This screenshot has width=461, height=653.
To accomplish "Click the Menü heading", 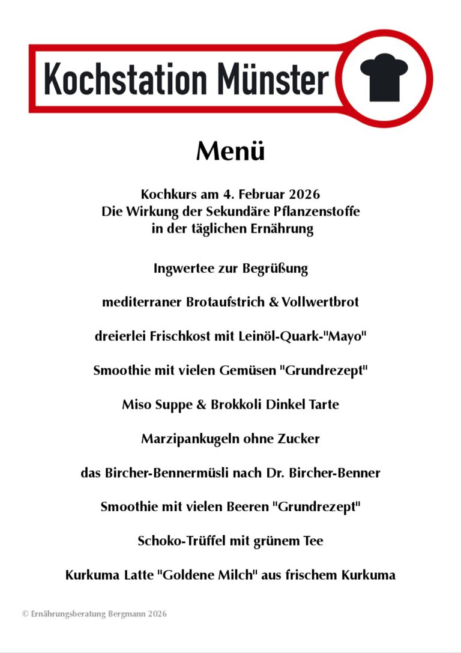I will point(230,151).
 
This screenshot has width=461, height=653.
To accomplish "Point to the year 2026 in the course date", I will point(303,195).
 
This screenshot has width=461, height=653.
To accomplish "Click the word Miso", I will point(136,404).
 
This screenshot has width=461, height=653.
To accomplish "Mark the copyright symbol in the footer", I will point(25,614).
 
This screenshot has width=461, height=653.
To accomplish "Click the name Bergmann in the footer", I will point(125,614).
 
